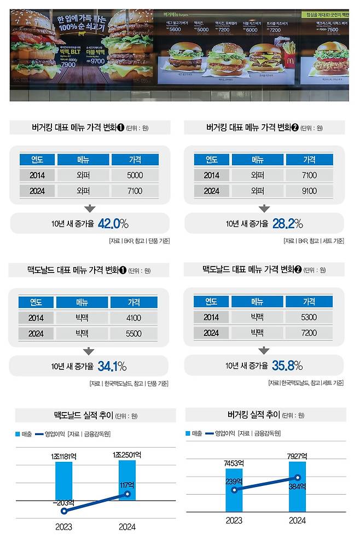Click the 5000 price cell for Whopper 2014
(x=135, y=176)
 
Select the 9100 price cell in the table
(x=309, y=192)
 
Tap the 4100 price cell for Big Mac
(x=133, y=318)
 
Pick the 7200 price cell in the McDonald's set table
(x=309, y=333)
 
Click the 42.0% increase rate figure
(x=113, y=223)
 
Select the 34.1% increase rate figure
(x=112, y=366)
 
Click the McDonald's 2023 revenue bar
(x=64, y=480)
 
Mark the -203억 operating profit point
(x=64, y=511)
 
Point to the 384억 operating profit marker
(x=298, y=478)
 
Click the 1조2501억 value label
(x=127, y=455)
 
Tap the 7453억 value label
(x=234, y=463)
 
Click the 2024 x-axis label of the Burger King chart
(x=298, y=520)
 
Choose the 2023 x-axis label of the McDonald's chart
(x=63, y=527)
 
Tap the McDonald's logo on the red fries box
(x=289, y=50)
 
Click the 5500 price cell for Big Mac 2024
(x=133, y=333)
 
